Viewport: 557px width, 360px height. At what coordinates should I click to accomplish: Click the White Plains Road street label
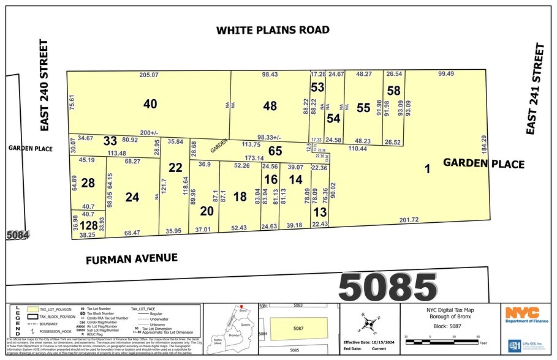point(272,30)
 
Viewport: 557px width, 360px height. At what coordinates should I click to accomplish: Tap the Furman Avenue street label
point(131,258)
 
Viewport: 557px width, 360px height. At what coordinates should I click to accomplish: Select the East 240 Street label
point(43,85)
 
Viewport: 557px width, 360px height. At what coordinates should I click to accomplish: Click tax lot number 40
point(150,104)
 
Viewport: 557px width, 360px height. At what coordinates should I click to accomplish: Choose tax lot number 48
point(270,105)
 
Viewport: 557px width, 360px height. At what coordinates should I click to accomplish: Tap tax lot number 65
point(275,149)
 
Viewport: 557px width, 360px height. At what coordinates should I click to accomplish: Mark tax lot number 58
point(393,91)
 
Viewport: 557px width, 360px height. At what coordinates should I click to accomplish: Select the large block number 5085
point(388,285)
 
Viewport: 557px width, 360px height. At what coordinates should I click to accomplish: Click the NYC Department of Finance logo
point(523,313)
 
